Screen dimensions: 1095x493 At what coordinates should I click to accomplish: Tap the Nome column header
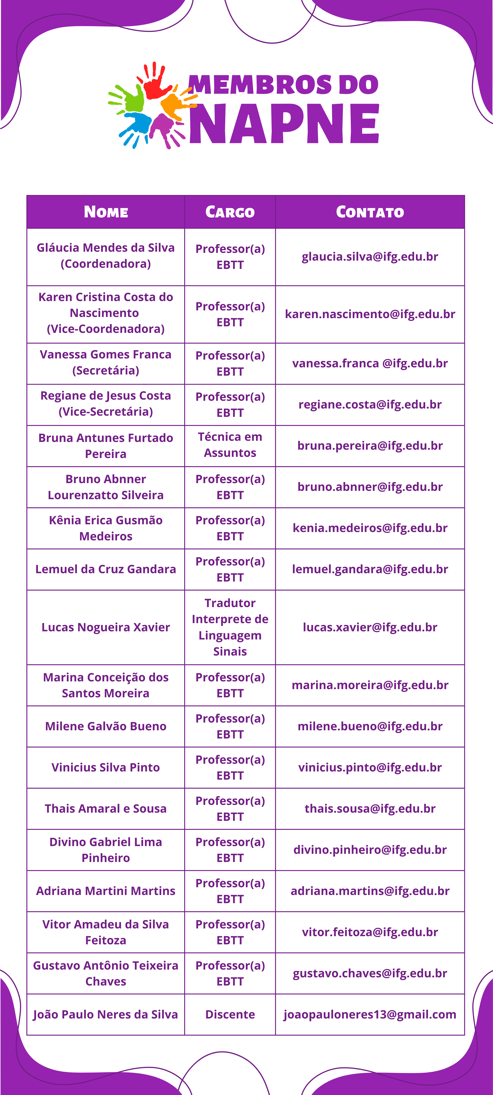[106, 212]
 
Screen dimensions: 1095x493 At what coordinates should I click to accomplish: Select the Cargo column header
[230, 212]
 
